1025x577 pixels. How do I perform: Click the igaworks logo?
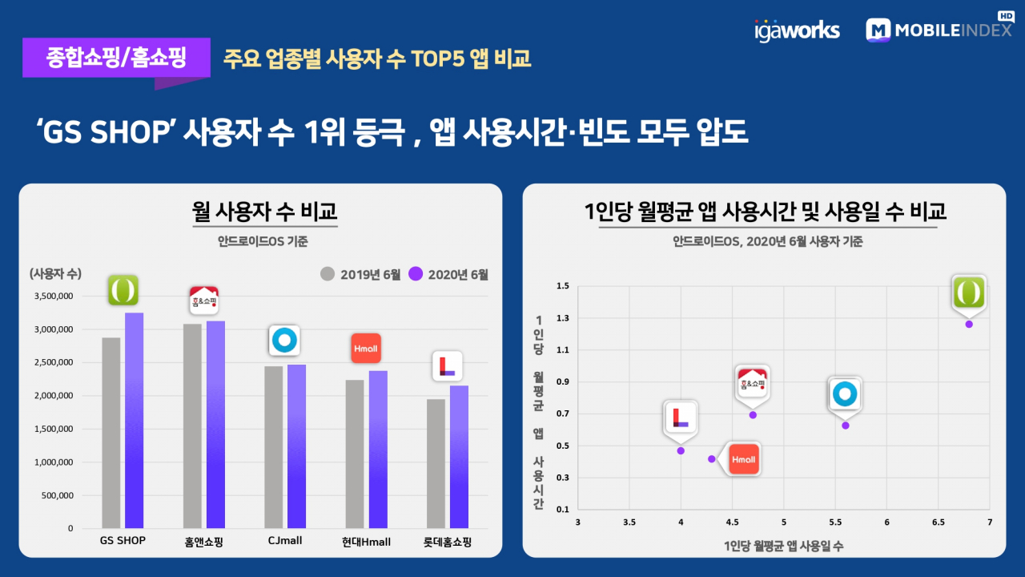[x=797, y=30]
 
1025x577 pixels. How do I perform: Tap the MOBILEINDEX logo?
[x=939, y=28]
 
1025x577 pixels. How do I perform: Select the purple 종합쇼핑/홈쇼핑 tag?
[x=116, y=58]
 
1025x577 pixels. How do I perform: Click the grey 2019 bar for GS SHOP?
[x=111, y=433]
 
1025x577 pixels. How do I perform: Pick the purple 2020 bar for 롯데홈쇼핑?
[x=459, y=457]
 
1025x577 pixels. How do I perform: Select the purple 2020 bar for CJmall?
[x=296, y=446]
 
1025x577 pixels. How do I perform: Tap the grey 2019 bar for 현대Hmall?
[x=355, y=454]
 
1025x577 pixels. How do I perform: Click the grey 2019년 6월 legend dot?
[x=328, y=274]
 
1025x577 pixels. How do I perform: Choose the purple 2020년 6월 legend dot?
[x=416, y=274]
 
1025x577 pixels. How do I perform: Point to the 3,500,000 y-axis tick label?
[x=54, y=297]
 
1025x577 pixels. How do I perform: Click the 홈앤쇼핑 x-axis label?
[x=203, y=543]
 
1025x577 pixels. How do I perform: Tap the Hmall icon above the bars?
[x=366, y=349]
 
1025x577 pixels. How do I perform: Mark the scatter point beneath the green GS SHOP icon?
[x=969, y=325]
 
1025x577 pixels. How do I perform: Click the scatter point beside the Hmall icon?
[x=712, y=459]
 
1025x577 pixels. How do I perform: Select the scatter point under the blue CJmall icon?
[x=846, y=426]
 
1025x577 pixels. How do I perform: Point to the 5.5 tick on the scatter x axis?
[x=835, y=522]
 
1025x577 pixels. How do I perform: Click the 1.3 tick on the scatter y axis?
[x=563, y=318]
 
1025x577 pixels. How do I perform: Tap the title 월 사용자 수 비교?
[x=264, y=211]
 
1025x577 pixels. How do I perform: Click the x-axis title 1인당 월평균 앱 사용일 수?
[x=783, y=546]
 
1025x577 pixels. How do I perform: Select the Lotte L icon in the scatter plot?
[x=681, y=418]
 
